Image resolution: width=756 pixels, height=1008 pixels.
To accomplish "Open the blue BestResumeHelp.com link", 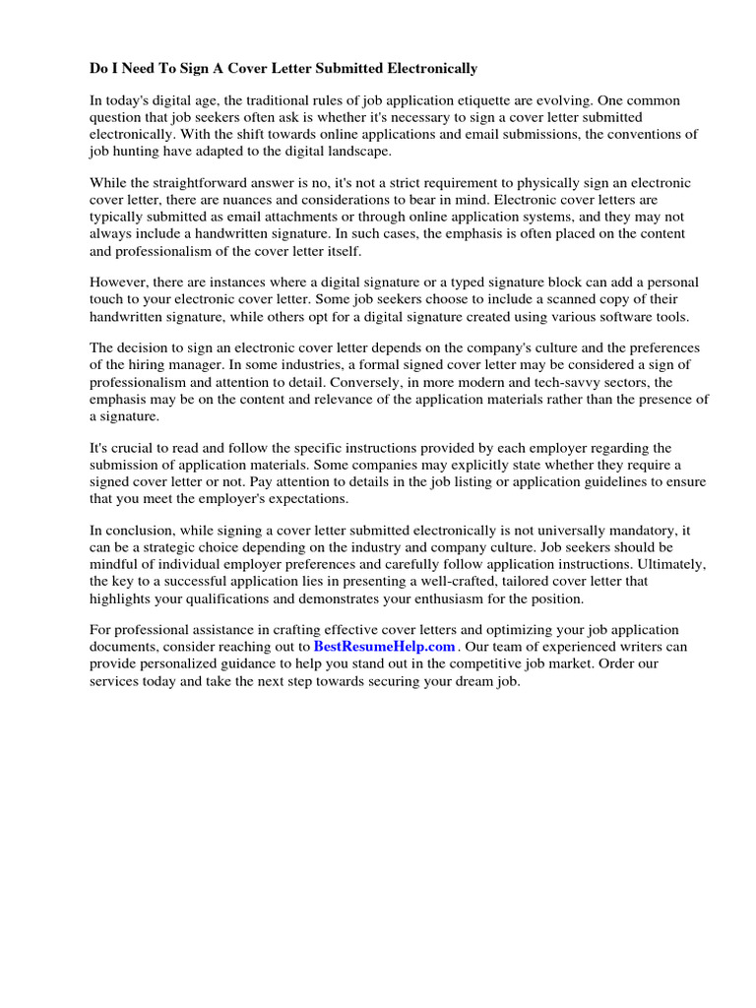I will pyautogui.click(x=384, y=647).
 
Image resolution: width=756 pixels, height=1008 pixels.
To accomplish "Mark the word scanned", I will pyautogui.click(x=589, y=300).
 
